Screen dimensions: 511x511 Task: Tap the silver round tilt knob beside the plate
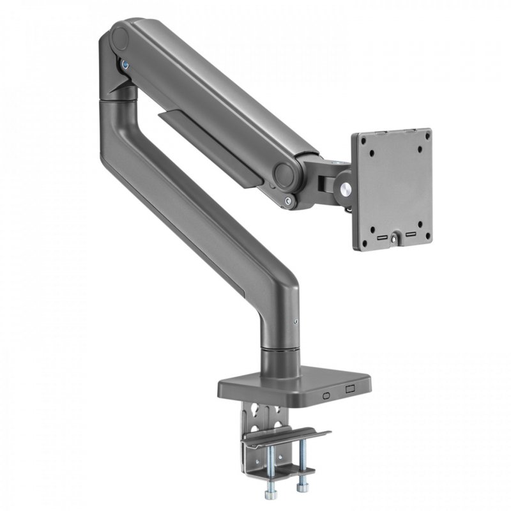tap(346, 189)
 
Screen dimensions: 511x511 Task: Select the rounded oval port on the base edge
tap(326, 395)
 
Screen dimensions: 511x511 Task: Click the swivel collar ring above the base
tap(279, 351)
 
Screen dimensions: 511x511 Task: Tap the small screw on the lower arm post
tap(295, 323)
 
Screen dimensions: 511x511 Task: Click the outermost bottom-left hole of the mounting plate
tap(365, 230)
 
